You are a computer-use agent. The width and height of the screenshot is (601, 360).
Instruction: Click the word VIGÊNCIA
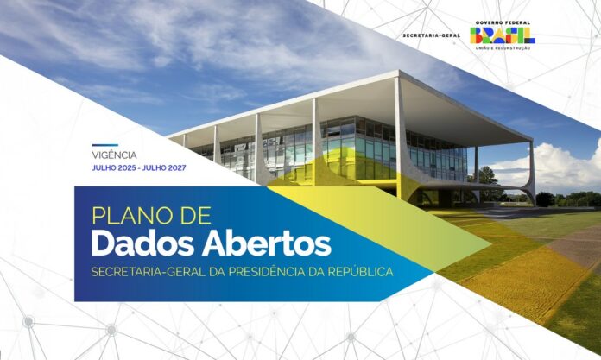click(x=114, y=155)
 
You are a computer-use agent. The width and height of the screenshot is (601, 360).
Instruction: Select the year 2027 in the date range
click(x=177, y=168)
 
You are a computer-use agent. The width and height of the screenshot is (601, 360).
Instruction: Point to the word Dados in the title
click(x=142, y=243)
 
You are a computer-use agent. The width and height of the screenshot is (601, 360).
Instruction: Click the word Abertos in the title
click(x=267, y=243)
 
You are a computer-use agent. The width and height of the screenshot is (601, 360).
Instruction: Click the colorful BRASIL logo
click(x=502, y=35)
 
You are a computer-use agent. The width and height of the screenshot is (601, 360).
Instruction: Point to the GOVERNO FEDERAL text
click(x=503, y=23)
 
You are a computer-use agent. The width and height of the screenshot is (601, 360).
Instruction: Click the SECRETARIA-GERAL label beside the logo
click(x=431, y=35)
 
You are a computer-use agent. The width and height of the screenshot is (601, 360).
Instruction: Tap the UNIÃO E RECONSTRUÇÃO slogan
click(x=503, y=48)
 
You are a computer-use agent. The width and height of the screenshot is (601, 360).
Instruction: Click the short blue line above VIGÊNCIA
click(x=105, y=145)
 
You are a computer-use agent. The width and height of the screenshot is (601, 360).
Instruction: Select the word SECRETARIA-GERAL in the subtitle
click(x=148, y=272)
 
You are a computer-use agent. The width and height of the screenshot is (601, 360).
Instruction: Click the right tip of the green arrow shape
click(x=491, y=243)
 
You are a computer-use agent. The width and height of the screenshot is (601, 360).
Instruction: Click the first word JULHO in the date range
click(x=103, y=168)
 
